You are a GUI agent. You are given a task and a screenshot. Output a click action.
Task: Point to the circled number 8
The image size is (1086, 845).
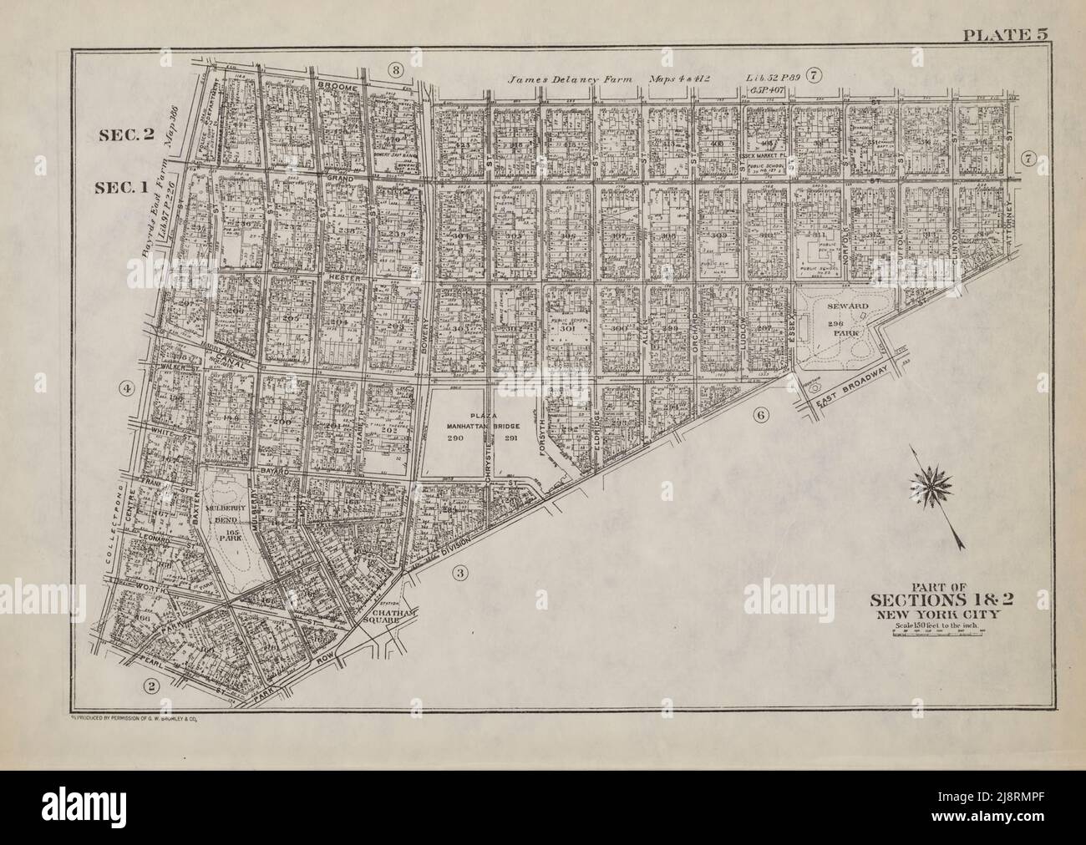pos(396,68)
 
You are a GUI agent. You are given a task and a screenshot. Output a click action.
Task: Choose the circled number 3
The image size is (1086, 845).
pos(459,573)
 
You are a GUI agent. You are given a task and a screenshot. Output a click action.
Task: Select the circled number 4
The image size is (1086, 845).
pos(126,388)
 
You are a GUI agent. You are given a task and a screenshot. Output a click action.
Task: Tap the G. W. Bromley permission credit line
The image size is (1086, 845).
pos(134,716)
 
